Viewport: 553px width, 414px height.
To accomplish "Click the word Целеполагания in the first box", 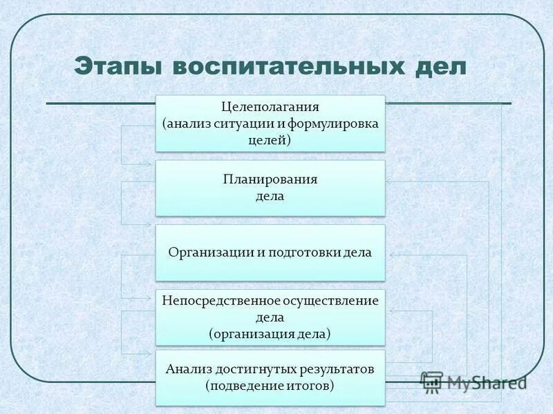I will [x=270, y=108].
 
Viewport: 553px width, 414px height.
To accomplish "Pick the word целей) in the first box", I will [x=270, y=140].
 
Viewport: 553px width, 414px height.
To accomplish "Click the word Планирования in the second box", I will [x=270, y=179].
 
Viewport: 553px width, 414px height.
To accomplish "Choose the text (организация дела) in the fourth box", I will [x=270, y=334].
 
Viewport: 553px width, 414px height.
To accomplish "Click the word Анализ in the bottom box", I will [x=187, y=369].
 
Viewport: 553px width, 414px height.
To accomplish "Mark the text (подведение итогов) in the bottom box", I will [x=270, y=386].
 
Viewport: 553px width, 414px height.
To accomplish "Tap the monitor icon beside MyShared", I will [x=431, y=382].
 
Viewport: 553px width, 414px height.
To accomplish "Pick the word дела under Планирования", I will [x=270, y=196].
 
